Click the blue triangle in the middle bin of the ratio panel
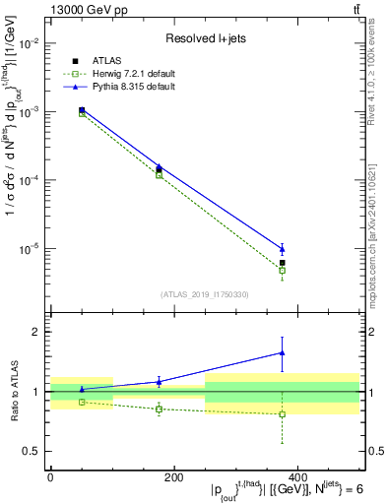(159, 381)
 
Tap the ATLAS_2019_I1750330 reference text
(205, 294)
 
